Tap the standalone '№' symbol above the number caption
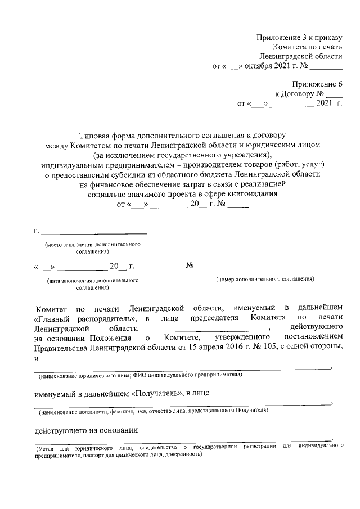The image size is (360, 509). (x=190, y=265)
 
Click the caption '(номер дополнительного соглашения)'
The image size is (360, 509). (x=265, y=279)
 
